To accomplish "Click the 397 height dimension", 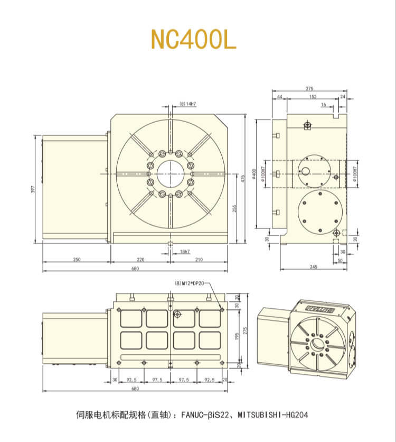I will [x=33, y=190].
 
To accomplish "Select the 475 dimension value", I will [x=243, y=179].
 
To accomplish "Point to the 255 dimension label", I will [x=235, y=209].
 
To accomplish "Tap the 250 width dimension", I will [x=77, y=260].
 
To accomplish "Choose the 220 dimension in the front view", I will [x=140, y=260].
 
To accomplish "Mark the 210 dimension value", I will [x=199, y=260].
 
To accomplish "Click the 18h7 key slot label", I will [x=185, y=251].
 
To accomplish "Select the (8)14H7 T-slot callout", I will [x=187, y=104].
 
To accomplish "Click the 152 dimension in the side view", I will [x=313, y=97].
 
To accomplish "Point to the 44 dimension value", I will [x=279, y=97].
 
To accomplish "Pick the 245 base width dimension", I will [x=313, y=268].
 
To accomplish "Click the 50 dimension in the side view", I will [x=340, y=260].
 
